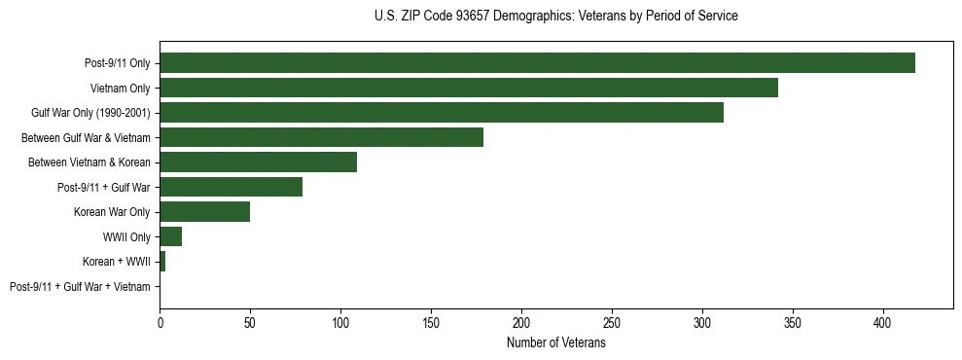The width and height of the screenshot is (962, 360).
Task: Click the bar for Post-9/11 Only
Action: click(x=537, y=63)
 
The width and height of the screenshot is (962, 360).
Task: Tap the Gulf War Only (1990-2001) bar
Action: click(x=442, y=113)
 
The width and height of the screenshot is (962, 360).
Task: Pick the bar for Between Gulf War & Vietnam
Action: click(x=321, y=137)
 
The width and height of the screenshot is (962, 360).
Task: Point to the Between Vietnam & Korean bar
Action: click(x=258, y=162)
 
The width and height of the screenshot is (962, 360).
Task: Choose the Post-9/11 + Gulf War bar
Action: click(x=231, y=187)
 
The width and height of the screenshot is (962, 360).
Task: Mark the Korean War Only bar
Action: click(x=204, y=212)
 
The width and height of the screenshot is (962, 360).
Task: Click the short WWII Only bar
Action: click(x=170, y=236)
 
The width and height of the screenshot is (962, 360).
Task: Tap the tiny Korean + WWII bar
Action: click(x=162, y=262)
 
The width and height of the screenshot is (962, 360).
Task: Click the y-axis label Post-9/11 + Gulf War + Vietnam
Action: click(x=80, y=287)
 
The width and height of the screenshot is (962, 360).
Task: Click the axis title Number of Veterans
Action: click(x=555, y=343)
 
